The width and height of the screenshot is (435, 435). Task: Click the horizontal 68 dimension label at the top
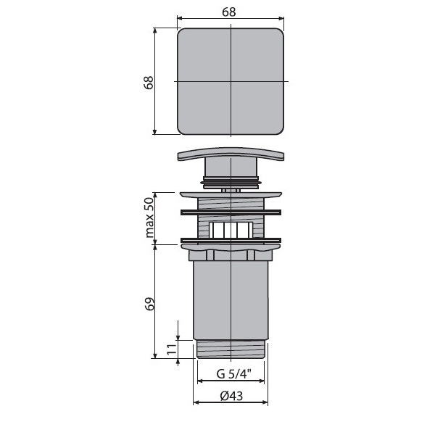229,12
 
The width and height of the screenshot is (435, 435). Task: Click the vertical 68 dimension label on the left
149,82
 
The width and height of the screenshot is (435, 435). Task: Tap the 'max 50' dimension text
149,217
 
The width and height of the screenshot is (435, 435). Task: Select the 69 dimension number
149,304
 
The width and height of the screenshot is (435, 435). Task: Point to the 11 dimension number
172,349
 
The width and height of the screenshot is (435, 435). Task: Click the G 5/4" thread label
234,373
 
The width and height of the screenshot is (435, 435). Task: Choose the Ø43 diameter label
231,396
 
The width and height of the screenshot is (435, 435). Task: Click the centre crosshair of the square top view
231,81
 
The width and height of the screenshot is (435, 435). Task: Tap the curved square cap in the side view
231,154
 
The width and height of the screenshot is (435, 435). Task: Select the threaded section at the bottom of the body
231,349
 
